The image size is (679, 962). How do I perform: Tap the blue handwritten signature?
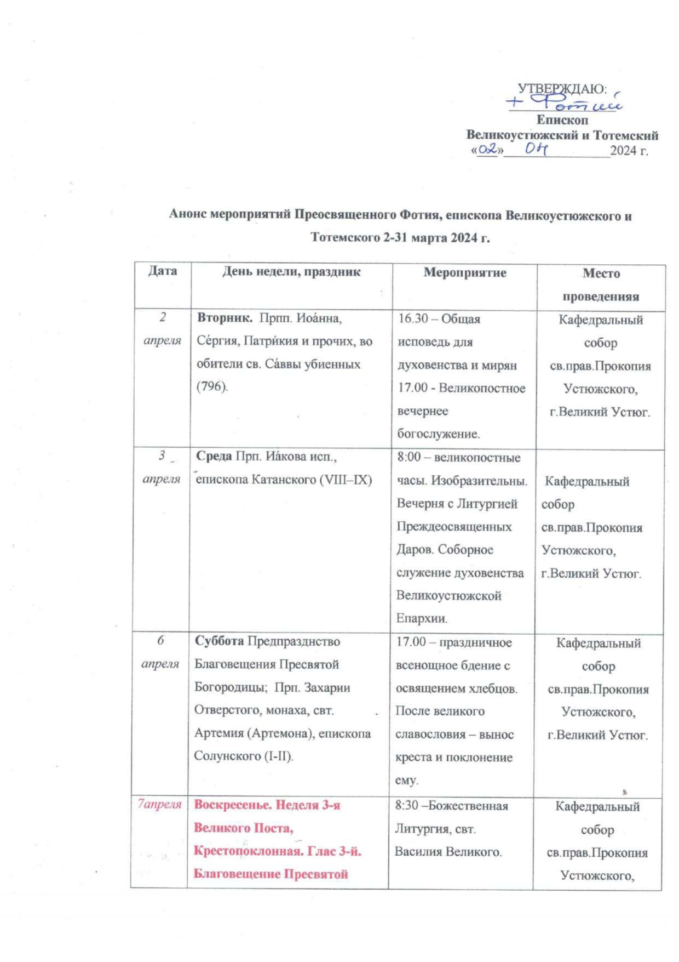click(x=564, y=102)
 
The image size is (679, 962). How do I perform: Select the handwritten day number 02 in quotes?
click(x=487, y=149)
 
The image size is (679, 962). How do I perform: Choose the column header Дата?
click(x=163, y=271)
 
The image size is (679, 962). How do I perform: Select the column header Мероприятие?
click(x=465, y=272)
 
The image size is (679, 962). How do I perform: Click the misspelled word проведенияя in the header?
click(x=601, y=297)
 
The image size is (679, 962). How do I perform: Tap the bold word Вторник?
click(x=224, y=318)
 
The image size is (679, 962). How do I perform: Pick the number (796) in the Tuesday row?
click(x=212, y=386)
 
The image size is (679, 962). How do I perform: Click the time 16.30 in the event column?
click(x=413, y=319)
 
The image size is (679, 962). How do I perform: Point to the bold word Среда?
click(x=214, y=456)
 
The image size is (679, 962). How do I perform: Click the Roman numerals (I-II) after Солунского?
click(x=279, y=756)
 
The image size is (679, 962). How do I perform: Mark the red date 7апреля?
click(x=159, y=804)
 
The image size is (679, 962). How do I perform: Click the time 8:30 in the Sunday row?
click(x=407, y=806)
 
